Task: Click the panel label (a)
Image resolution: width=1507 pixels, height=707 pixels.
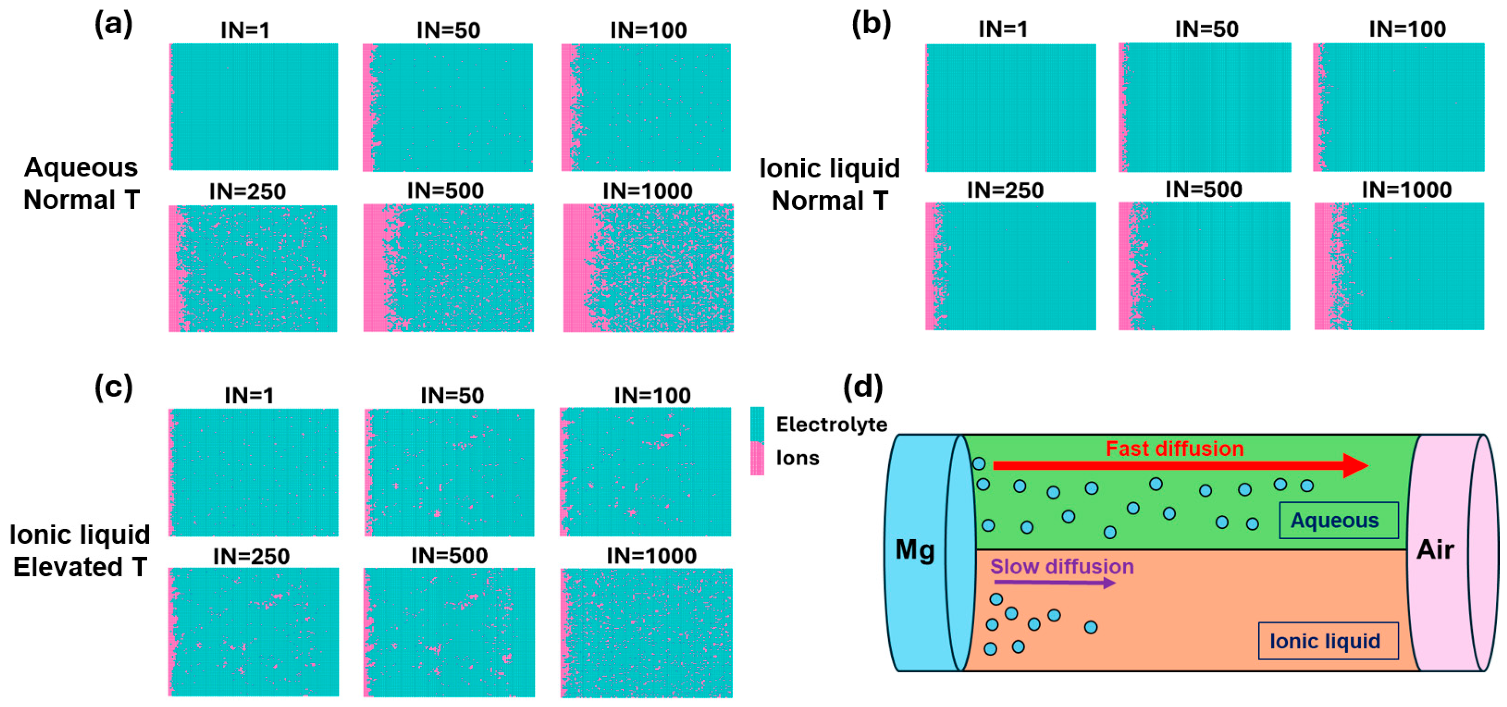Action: point(114,25)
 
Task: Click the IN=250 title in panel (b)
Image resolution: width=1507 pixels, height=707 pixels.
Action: point(1005,190)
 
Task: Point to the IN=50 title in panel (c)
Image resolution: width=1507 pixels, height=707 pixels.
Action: point(452,395)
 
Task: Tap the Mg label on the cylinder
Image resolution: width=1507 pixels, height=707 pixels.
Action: point(915,550)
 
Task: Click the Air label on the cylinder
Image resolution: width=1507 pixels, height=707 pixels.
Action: point(1435,550)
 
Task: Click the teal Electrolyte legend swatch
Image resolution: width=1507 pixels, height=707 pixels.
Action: point(757,424)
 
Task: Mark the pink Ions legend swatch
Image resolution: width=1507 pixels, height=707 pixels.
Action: point(757,458)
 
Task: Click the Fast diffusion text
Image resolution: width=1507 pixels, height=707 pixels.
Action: point(1174,449)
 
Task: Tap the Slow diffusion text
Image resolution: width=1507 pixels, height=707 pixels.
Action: point(1062,566)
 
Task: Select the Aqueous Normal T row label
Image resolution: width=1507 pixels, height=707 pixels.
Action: point(81,183)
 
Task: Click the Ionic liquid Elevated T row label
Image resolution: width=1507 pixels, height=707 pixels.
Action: point(80,550)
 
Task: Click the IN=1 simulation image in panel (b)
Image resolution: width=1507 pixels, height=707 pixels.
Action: point(1010,108)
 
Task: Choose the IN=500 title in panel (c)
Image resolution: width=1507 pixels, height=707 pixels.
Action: point(449,556)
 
